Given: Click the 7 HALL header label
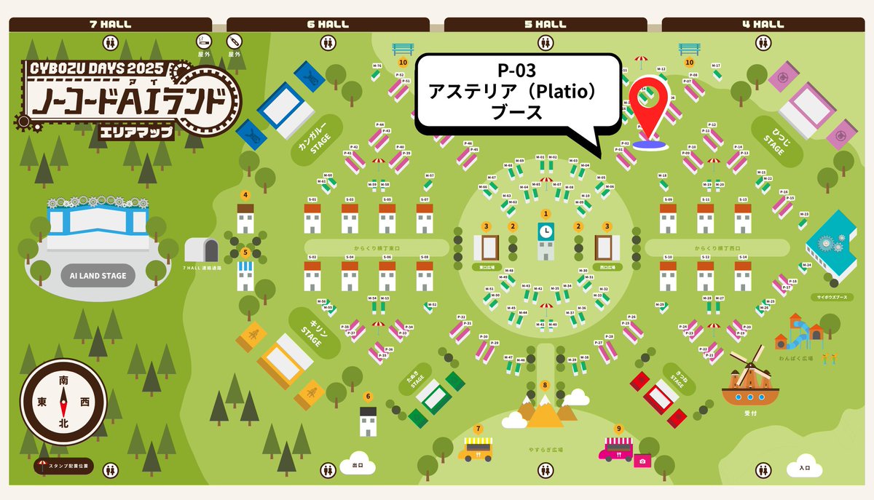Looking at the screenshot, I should point(111,24).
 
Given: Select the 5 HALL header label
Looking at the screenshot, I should point(546,24).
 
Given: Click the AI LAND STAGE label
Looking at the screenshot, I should point(98,276).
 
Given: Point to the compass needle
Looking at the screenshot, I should point(64,401).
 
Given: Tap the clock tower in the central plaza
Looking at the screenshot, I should point(546,238).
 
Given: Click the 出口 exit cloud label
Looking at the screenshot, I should point(357,464).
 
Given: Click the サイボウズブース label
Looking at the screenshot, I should point(831,297).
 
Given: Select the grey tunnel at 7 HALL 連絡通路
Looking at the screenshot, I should point(201,250).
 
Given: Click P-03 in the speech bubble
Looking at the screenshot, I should point(516,71).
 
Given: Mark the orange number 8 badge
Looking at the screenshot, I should point(545,385).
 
